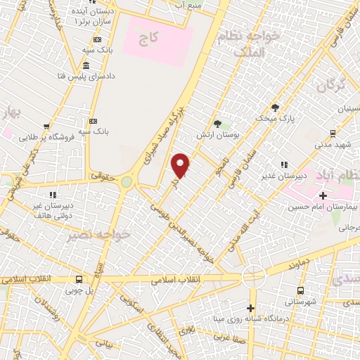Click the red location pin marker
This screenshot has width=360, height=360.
pos(181,165)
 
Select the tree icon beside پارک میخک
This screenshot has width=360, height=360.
pos(275,108)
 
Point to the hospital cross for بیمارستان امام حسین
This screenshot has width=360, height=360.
pos(323,195)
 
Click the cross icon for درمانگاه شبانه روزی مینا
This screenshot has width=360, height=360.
pos(250,308)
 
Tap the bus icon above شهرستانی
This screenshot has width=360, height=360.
pos(301,290)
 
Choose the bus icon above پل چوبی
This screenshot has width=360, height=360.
pos(78,278)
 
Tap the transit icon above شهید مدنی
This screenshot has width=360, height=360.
pos(333,132)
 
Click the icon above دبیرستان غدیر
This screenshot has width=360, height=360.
pos(283,165)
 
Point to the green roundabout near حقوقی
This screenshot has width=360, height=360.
pos(126,181)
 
